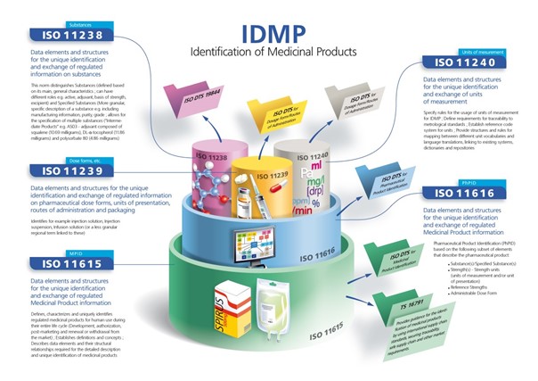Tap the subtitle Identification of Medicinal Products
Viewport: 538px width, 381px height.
(x=272, y=54)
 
